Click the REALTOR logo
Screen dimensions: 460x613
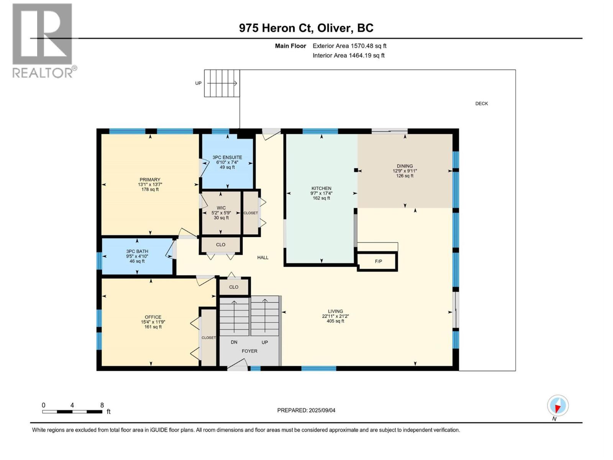click(43, 41)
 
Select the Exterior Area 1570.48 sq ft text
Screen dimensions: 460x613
click(349, 46)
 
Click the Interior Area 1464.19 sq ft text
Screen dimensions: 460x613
click(348, 56)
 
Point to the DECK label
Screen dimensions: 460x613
click(481, 103)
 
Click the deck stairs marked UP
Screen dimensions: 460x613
click(222, 83)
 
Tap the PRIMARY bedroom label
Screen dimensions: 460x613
click(150, 180)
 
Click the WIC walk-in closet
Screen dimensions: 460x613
click(221, 213)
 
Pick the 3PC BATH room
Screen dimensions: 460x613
click(137, 256)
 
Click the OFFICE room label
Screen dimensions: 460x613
click(153, 317)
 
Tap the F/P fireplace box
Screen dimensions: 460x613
click(378, 261)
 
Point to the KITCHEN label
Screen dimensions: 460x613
click(321, 188)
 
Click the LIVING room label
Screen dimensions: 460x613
click(335, 311)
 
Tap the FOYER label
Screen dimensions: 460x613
click(249, 351)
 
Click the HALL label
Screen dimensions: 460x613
click(263, 258)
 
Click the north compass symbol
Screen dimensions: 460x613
click(557, 406)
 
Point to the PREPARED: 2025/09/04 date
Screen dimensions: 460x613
click(306, 411)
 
